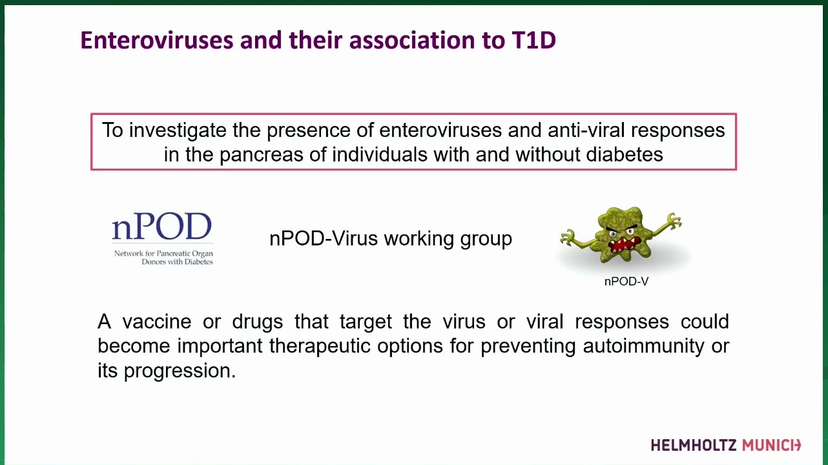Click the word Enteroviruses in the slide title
click(x=157, y=40)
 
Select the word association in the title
click(x=412, y=40)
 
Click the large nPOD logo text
click(x=162, y=226)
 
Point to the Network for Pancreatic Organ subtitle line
click(x=163, y=254)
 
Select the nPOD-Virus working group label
click(x=391, y=239)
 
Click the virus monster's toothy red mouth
click(x=624, y=245)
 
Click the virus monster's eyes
click(x=621, y=232)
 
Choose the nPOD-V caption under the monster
click(x=626, y=282)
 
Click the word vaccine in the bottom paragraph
click(x=157, y=322)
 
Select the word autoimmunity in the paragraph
click(x=643, y=346)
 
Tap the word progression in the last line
click(x=180, y=371)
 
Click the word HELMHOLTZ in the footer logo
click(x=694, y=446)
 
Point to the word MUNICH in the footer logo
click(x=771, y=446)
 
